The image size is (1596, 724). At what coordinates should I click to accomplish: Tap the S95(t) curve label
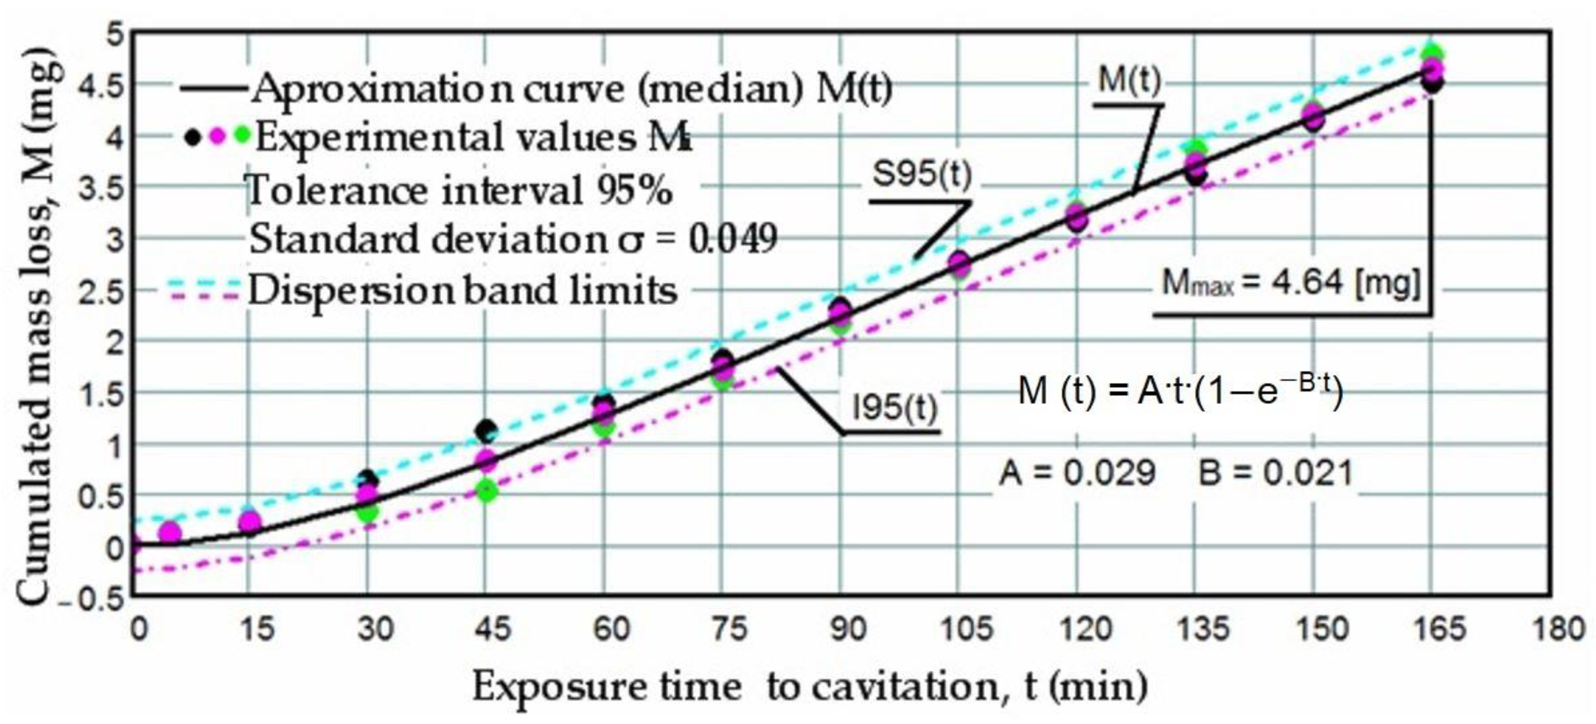922,174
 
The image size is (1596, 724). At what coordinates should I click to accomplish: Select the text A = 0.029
1077,473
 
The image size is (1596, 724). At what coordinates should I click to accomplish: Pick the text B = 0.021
1275,473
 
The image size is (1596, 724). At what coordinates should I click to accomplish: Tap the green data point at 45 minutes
486,492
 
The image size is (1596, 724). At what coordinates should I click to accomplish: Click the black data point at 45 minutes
486,430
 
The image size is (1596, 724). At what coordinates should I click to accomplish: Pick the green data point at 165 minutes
1432,53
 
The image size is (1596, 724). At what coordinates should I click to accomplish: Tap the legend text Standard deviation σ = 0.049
513,239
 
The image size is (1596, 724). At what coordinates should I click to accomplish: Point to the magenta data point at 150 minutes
1313,117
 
